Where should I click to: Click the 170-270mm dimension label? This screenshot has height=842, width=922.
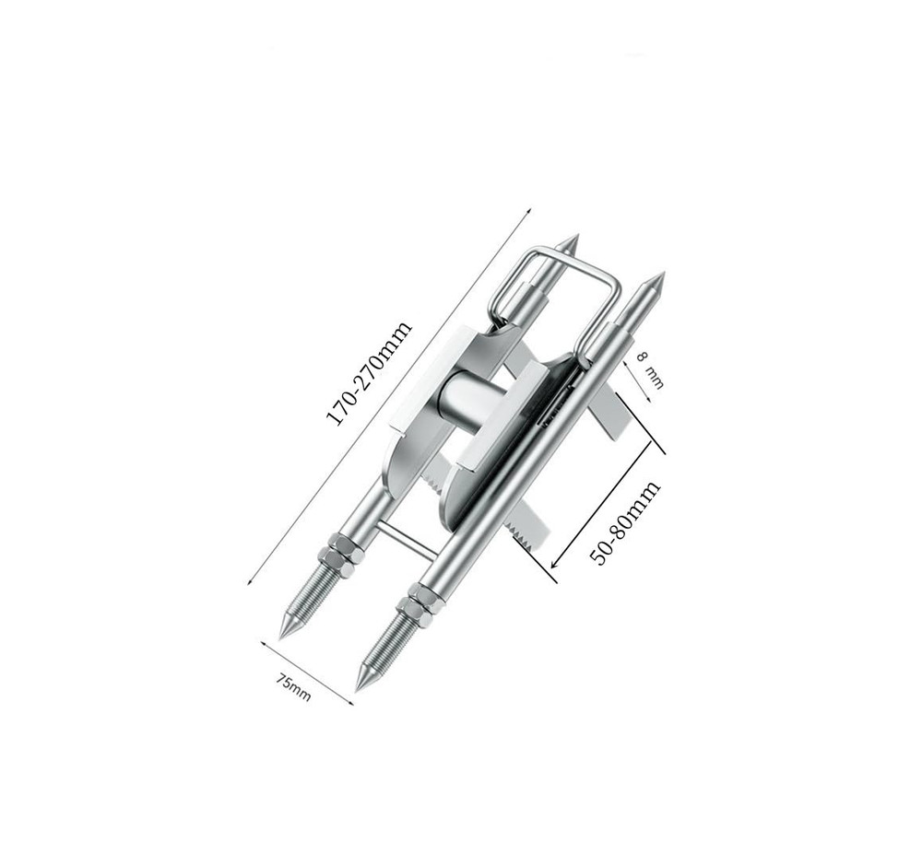tap(370, 373)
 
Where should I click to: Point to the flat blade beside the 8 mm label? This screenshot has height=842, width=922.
tap(613, 405)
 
